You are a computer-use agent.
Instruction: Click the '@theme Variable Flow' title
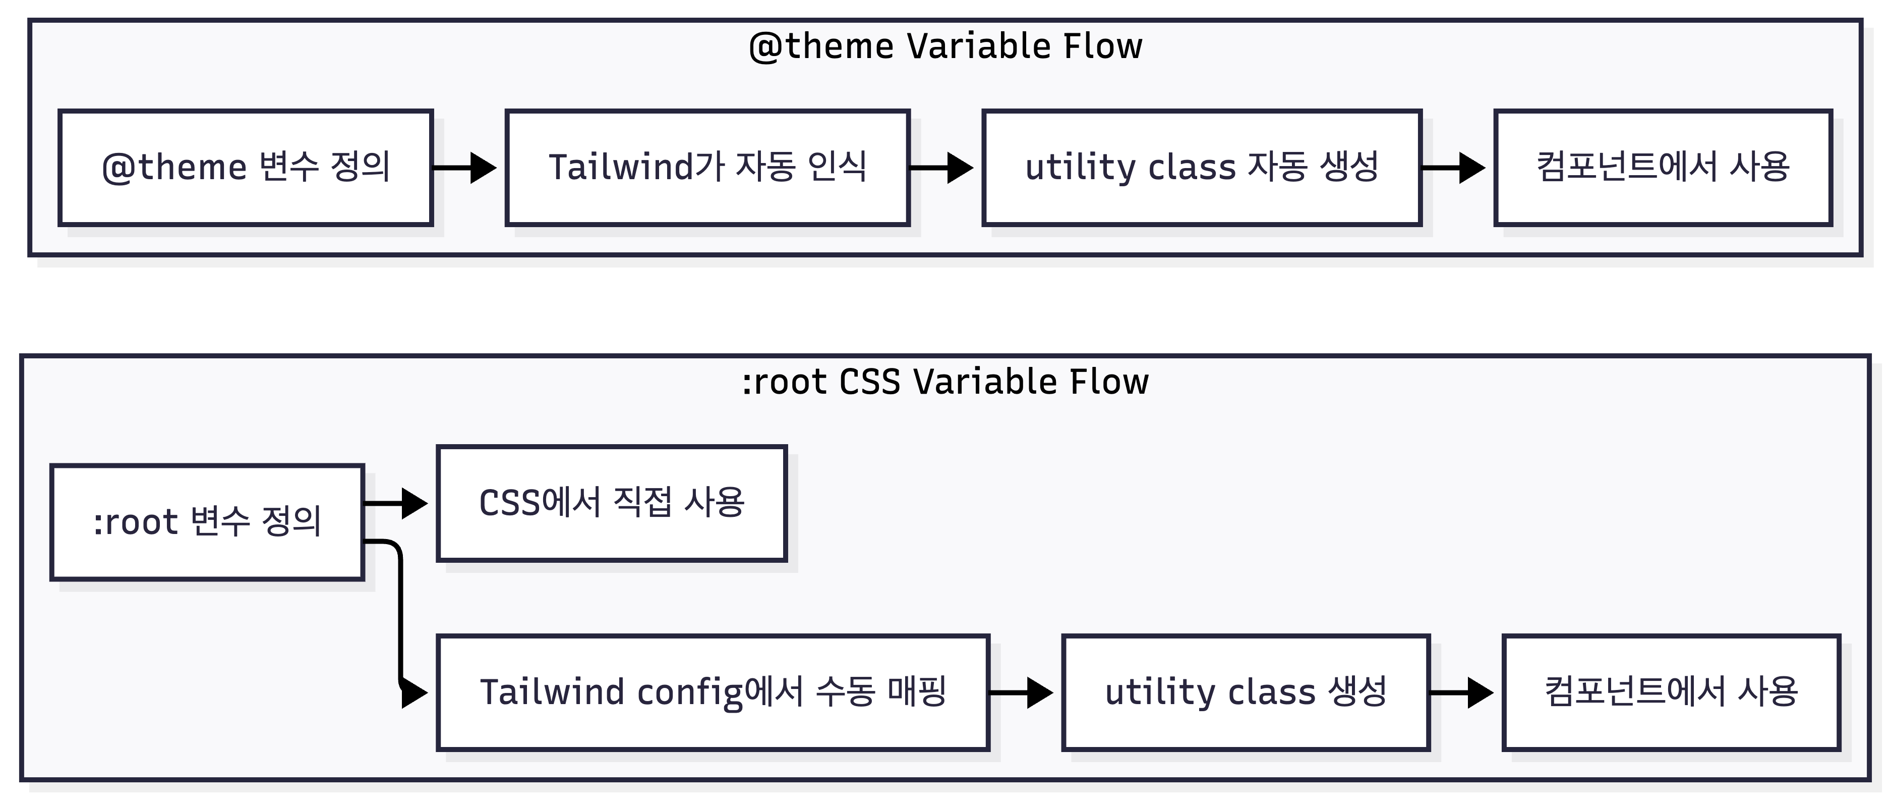point(945,46)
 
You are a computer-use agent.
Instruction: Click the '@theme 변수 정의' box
point(246,168)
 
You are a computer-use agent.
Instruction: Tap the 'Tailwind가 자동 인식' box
point(707,168)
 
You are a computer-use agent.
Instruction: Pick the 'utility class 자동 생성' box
point(1202,168)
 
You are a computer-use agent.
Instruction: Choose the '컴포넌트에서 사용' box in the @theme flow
point(1664,168)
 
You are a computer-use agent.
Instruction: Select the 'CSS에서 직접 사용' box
point(612,503)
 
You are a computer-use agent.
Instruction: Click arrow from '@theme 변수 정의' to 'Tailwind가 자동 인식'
point(464,168)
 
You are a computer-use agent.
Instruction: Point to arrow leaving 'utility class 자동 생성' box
point(1453,168)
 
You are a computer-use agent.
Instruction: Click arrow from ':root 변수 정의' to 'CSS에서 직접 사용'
point(396,503)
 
